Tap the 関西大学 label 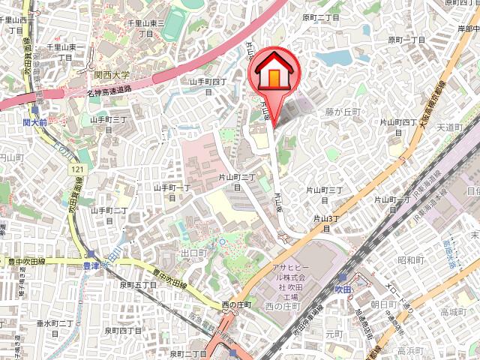pos(112,75)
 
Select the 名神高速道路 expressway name pos(109,91)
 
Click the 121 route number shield pos(77,172)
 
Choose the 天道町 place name pos(452,128)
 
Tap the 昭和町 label pos(412,260)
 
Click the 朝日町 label pos(382,304)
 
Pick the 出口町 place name pos(193,253)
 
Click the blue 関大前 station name pos(34,122)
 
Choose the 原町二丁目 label pos(321,16)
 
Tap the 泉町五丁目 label pos(136,285)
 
